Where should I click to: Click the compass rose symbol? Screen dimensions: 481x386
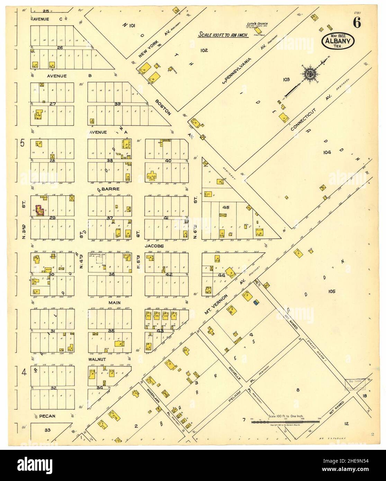pyautogui.click(x=310, y=73)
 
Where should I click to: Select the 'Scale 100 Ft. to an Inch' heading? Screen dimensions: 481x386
pyautogui.click(x=223, y=35)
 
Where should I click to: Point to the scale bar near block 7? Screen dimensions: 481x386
pyautogui.click(x=284, y=421)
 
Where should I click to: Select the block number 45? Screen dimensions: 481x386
pyautogui.click(x=226, y=208)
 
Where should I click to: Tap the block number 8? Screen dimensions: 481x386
pyautogui.click(x=298, y=390)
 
